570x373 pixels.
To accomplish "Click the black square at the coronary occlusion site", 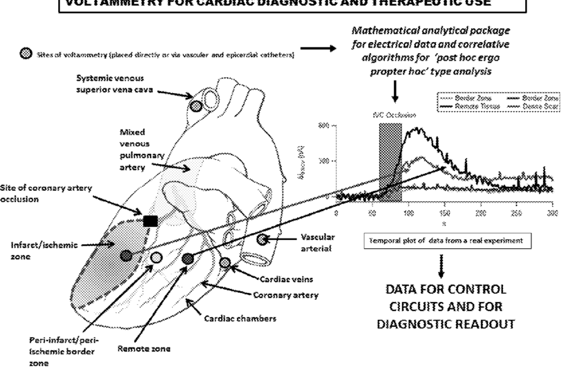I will click(149, 221).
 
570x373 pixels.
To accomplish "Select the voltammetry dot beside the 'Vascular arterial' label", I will click(262, 240).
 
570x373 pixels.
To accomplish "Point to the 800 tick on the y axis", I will click(325, 126).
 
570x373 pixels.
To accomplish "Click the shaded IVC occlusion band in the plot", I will click(391, 155).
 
